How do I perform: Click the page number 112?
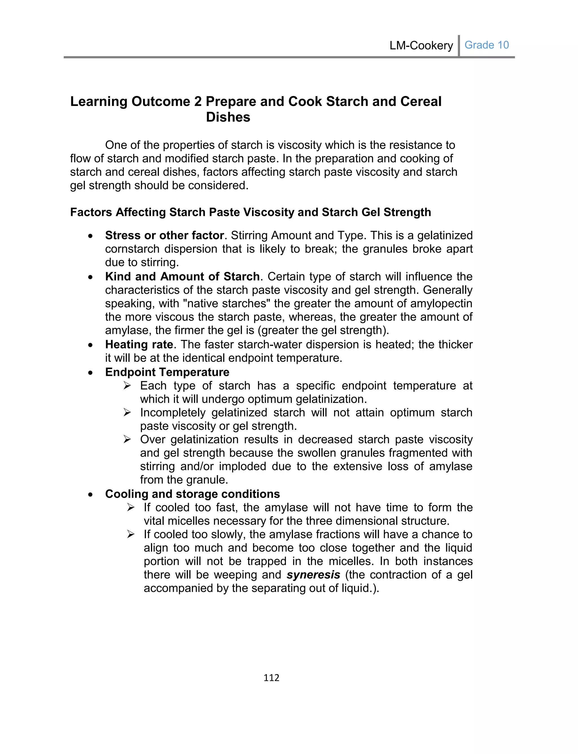coord(271,677)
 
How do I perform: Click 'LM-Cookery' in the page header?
coord(421,45)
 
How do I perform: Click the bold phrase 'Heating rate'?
coord(139,344)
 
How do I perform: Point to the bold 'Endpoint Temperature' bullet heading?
coord(167,372)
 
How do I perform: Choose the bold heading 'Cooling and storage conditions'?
coord(192,494)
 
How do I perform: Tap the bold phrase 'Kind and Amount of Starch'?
coord(182,277)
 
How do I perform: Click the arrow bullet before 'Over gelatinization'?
coord(127,440)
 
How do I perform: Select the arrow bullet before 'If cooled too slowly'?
coord(131,534)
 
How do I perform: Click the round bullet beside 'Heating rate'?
coord(90,345)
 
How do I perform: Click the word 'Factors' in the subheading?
coord(91,212)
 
